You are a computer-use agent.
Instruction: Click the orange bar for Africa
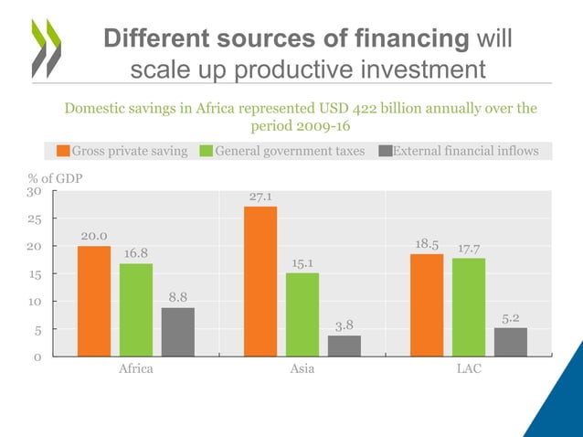(94, 301)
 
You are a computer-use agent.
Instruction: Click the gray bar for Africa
(178, 331)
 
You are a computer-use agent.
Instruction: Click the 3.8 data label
(344, 325)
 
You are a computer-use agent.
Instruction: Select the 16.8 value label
(135, 253)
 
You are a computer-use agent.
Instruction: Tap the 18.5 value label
(427, 245)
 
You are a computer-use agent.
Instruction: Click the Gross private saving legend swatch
(64, 151)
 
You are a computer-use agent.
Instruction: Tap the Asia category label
(302, 369)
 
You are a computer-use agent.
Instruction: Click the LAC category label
(469, 369)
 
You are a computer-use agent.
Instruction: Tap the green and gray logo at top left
(46, 46)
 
